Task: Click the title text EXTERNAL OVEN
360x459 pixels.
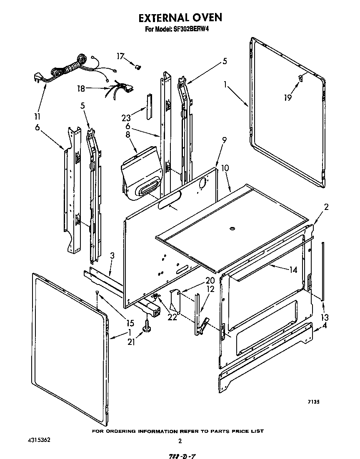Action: [x=180, y=17]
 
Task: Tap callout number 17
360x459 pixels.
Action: [x=120, y=56]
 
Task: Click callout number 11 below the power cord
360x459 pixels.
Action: [x=37, y=116]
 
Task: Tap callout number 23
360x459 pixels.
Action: [x=126, y=118]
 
